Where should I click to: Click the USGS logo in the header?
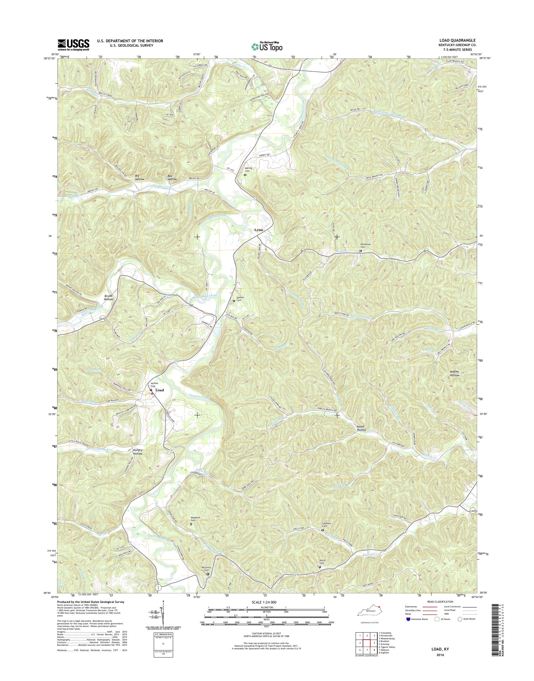click(73, 45)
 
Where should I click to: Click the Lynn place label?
click(258, 230)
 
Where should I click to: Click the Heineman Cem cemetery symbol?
click(361, 251)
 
